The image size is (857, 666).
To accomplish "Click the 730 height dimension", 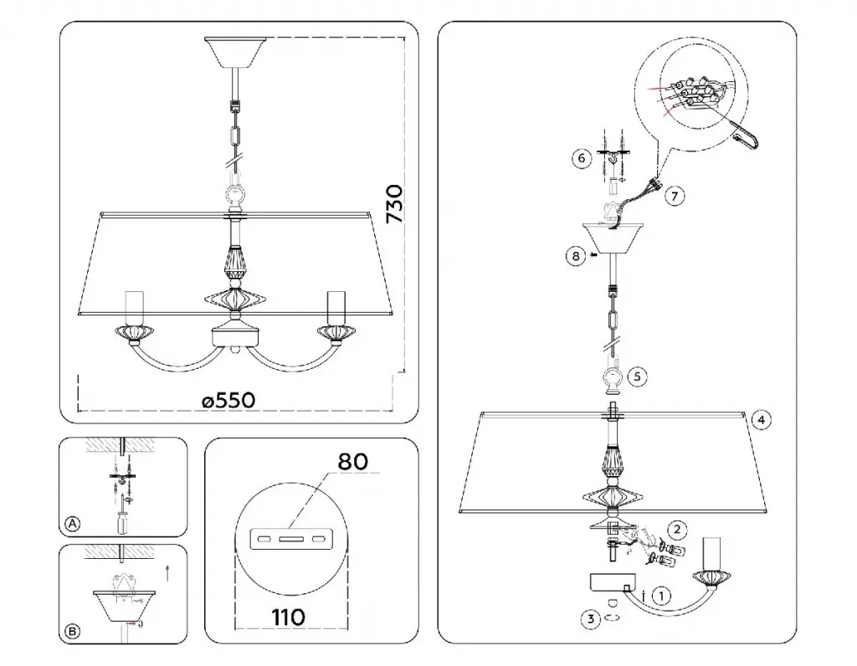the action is [395, 204].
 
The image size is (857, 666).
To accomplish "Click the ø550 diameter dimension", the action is [228, 401].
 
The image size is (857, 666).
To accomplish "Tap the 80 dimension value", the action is [352, 462].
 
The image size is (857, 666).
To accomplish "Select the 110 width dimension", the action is [289, 617].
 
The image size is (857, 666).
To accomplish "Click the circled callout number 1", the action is [662, 596].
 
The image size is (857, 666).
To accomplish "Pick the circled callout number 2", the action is [677, 529].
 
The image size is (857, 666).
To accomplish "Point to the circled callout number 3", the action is [590, 619].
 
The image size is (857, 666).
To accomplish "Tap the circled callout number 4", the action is [762, 420].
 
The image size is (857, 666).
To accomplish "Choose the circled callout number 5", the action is [637, 376].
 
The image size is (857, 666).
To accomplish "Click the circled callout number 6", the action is [582, 158].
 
